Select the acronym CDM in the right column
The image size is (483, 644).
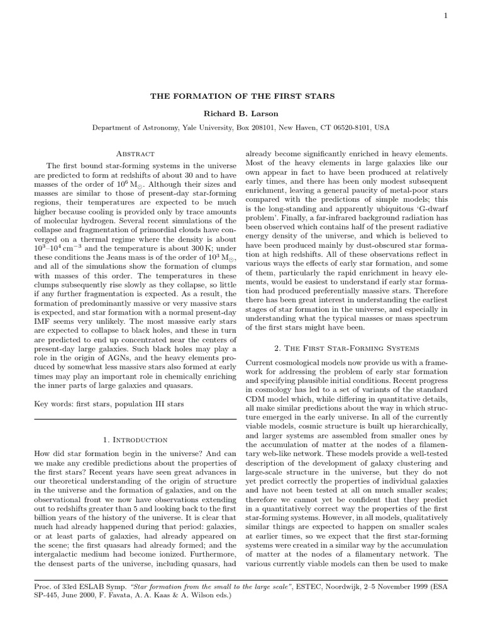tap(257, 398)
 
